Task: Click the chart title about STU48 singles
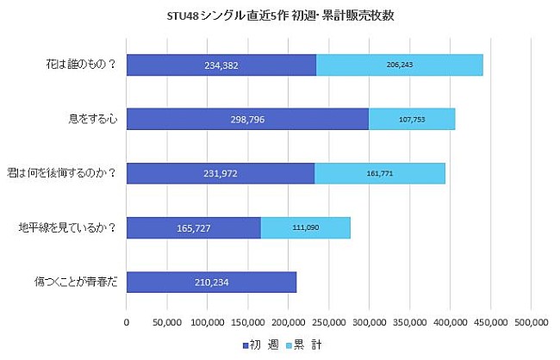tap(281, 16)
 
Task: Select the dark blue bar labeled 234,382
tap(221, 65)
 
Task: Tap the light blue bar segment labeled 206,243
tap(400, 65)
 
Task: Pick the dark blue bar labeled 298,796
tap(247, 119)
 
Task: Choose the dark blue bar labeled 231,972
tap(221, 173)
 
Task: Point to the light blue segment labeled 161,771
tap(380, 173)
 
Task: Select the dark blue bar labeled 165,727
tap(194, 227)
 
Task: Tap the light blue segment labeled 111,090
tap(306, 227)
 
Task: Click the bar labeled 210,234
tap(211, 282)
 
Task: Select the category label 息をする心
tap(94, 119)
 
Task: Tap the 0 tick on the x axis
tap(127, 323)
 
